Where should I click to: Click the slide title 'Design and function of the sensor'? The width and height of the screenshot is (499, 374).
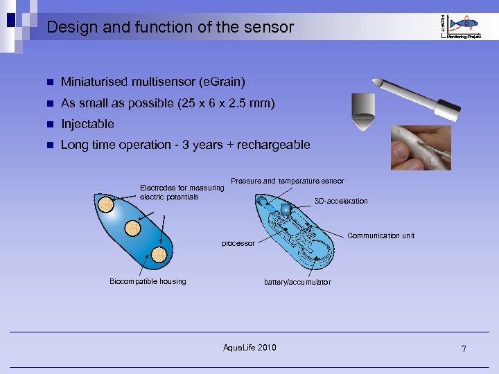click(x=170, y=28)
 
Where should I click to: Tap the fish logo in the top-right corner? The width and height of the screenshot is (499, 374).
click(x=463, y=25)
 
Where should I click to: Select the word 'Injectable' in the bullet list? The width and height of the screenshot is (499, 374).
click(x=87, y=125)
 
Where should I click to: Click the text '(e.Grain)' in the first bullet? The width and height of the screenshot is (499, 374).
click(x=222, y=82)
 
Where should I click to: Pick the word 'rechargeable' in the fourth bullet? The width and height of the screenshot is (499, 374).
click(x=273, y=145)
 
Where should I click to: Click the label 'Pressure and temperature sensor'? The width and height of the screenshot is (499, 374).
click(x=287, y=181)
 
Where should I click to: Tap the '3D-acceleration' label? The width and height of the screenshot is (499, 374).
click(x=341, y=202)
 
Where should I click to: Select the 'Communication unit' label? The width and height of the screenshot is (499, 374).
click(x=380, y=236)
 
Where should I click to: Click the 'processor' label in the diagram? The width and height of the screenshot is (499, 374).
click(x=238, y=244)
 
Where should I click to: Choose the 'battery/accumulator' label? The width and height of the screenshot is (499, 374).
click(x=297, y=282)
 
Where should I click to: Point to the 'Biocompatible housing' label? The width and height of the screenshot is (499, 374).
click(x=148, y=281)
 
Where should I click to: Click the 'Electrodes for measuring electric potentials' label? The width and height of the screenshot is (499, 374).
click(x=182, y=192)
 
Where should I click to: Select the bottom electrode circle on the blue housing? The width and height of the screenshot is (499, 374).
click(x=159, y=254)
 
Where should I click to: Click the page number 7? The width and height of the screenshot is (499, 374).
click(x=464, y=348)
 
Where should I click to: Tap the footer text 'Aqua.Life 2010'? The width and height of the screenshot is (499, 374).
click(x=249, y=347)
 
